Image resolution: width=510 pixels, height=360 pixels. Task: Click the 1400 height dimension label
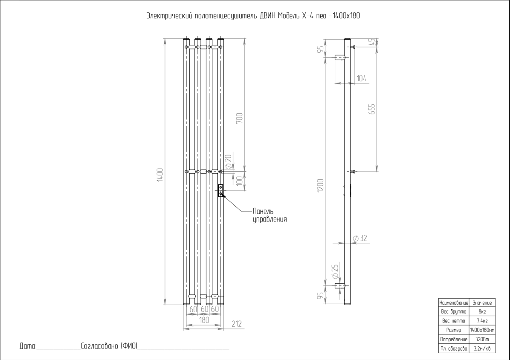click(x=160, y=175)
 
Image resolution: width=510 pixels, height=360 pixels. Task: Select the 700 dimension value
click(x=239, y=118)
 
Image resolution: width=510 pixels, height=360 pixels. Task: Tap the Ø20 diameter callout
click(x=228, y=161)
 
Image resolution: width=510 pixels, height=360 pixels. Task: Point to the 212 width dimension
click(x=237, y=324)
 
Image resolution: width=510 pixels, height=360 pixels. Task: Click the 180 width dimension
click(x=204, y=320)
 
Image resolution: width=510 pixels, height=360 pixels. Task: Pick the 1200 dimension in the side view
click(x=320, y=185)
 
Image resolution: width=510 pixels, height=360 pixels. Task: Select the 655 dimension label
click(x=372, y=109)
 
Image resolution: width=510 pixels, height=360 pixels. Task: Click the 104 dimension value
click(x=361, y=78)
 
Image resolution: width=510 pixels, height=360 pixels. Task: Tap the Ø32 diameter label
click(x=360, y=238)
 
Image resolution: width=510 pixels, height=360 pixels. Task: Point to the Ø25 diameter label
click(x=335, y=272)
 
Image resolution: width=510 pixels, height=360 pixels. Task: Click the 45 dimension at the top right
click(x=372, y=42)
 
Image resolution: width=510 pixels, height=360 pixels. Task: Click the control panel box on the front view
click(x=220, y=190)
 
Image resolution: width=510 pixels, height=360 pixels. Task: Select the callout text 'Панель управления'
click(x=269, y=216)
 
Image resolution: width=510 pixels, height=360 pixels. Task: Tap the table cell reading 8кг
click(x=482, y=311)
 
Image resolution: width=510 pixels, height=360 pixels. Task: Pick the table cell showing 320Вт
click(x=482, y=339)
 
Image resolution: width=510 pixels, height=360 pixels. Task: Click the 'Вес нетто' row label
click(x=453, y=321)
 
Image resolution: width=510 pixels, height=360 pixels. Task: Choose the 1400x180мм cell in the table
click(x=482, y=330)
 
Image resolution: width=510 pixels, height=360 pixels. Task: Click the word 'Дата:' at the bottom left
click(x=28, y=346)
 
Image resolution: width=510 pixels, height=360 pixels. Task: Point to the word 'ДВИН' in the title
click(x=268, y=16)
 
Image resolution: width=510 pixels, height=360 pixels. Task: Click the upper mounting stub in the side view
click(x=339, y=58)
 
